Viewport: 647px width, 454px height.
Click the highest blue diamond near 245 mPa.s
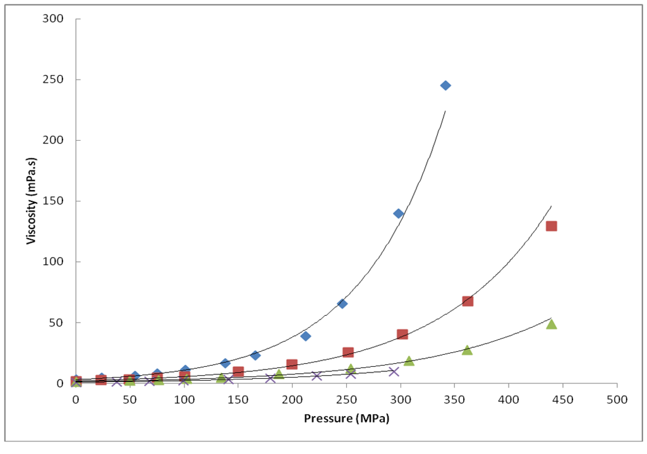pos(445,85)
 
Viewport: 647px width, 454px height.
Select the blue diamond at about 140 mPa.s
pos(399,213)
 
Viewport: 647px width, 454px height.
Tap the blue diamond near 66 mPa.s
pos(342,304)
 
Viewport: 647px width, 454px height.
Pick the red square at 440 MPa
pos(551,226)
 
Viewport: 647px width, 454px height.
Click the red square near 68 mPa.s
pos(468,301)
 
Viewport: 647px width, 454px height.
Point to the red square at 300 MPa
pos(402,335)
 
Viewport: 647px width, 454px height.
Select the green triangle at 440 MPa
pos(551,324)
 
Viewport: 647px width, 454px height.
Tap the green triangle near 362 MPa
pos(467,350)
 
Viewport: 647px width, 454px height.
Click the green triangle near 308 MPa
pos(409,361)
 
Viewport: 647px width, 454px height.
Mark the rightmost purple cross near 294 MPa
pos(394,371)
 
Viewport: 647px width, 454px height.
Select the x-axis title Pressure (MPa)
pos(346,419)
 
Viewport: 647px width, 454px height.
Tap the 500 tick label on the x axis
pos(617,400)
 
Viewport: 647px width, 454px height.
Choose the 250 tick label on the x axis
pos(346,400)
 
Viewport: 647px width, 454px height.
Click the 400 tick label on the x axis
pos(509,400)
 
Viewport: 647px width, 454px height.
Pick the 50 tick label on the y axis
pos(58,323)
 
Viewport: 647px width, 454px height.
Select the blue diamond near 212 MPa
pos(305,336)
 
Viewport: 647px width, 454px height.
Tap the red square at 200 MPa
pos(292,364)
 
